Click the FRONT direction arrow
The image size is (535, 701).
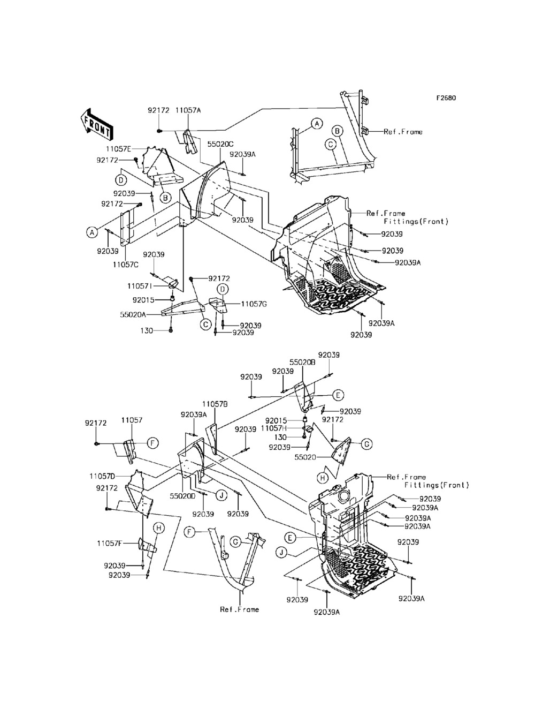pos(96,125)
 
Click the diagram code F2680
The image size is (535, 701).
pos(446,98)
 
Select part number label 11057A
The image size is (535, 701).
pos(188,110)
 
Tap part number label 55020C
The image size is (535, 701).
pos(220,144)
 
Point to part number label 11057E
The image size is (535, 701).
pos(119,149)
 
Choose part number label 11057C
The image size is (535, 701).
pos(125,265)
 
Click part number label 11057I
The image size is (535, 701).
pos(140,286)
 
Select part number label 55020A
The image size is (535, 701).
pos(133,314)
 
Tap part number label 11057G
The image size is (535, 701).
pos(254,304)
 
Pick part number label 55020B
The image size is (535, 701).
pos(302,362)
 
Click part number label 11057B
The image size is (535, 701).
pos(215,404)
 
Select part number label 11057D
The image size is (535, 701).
pos(102,476)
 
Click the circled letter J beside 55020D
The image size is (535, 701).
pos(221,495)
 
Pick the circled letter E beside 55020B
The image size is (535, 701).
pos(338,395)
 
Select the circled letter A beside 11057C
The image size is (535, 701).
pos(92,232)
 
